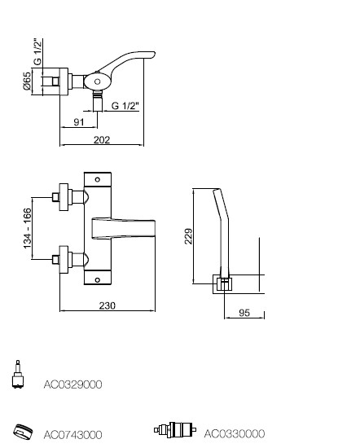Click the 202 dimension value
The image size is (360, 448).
click(x=102, y=140)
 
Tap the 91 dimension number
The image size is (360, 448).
click(x=79, y=122)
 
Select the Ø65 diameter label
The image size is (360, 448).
click(x=27, y=81)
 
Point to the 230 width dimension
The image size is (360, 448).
click(x=108, y=305)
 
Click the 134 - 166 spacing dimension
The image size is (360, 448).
click(x=27, y=228)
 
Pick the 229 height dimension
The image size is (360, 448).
click(x=188, y=236)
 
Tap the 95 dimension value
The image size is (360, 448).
click(x=244, y=313)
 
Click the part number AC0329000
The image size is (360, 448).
click(x=72, y=384)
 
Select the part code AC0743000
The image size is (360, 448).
click(x=72, y=435)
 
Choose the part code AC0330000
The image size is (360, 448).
click(x=235, y=433)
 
